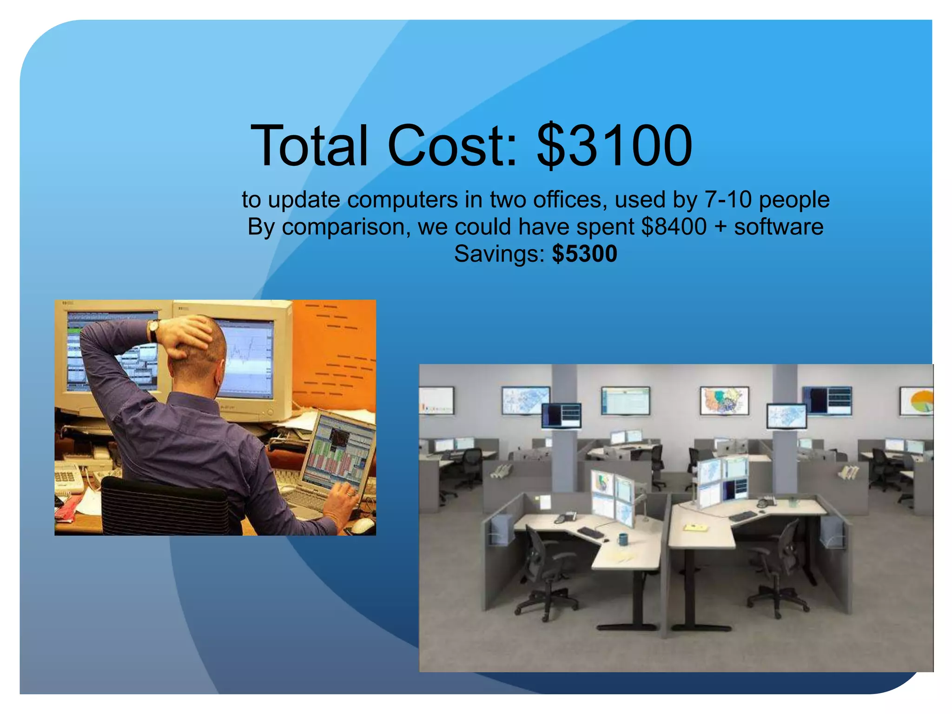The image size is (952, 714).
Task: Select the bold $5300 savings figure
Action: point(584,254)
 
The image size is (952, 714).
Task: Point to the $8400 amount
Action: point(674,227)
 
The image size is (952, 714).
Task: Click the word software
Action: point(779,227)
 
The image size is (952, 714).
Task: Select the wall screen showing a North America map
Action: point(724,400)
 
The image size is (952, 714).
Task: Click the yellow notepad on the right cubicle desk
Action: point(696,528)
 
